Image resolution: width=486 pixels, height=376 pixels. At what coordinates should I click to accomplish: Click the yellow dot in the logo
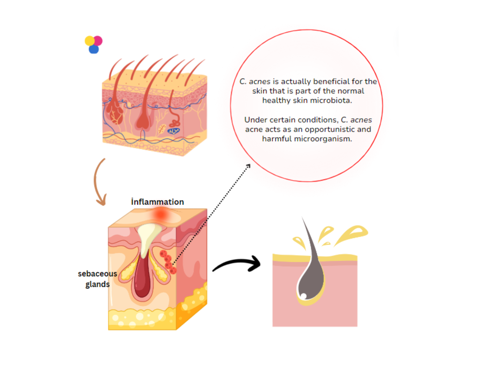[90, 41]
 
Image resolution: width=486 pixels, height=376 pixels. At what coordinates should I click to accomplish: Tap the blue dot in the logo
[94, 49]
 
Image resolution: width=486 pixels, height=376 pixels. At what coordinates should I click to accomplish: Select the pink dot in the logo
[98, 40]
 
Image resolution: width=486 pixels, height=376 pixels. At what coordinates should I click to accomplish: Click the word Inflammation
[157, 202]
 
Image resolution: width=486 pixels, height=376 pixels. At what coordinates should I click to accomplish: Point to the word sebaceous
[97, 274]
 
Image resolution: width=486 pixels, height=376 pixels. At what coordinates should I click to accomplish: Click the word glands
[97, 284]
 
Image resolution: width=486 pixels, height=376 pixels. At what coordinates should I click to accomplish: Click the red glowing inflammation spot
[161, 214]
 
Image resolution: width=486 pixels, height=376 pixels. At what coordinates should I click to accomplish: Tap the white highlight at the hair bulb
[303, 296]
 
